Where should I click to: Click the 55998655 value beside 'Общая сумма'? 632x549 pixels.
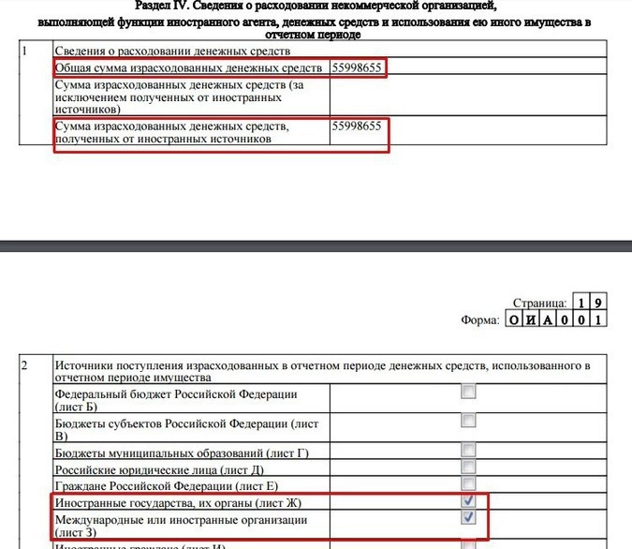pos(356,68)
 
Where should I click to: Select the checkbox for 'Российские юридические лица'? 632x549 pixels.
pos(468,467)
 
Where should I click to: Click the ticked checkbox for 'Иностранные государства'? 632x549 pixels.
pos(468,501)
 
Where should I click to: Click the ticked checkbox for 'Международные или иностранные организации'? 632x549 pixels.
pos(468,517)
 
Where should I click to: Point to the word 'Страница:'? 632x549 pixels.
pos(540,303)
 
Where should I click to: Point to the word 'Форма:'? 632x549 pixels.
pos(483,319)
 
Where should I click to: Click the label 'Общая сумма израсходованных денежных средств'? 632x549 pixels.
pos(187,68)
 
